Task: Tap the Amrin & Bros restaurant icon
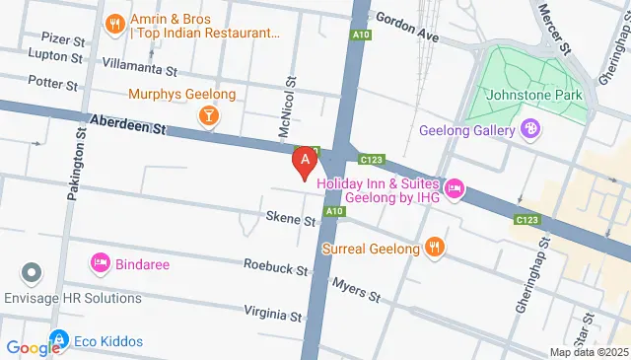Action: (115, 21)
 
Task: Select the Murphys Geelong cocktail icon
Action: (209, 117)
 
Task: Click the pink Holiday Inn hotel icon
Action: (454, 188)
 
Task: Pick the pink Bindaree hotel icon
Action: (100, 262)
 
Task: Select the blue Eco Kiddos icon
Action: (59, 341)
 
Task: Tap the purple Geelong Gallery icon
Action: (531, 127)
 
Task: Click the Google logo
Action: (34, 347)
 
